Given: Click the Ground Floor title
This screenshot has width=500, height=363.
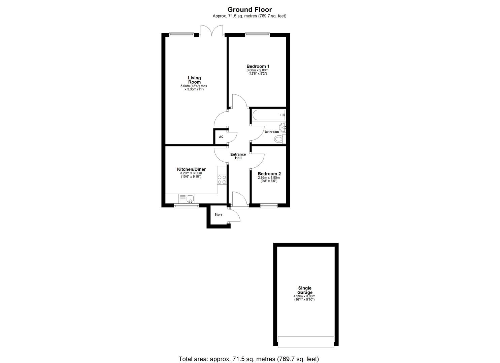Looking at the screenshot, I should click(x=249, y=10).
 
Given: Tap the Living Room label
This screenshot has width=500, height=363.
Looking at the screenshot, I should click(x=194, y=80).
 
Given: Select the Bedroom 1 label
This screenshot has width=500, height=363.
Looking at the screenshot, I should click(x=258, y=67).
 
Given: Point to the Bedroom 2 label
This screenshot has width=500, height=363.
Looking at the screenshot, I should click(x=269, y=174).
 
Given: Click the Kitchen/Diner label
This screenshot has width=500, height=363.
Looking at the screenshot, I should click(x=191, y=169).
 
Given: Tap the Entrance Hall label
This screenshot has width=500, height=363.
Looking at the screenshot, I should click(x=238, y=156).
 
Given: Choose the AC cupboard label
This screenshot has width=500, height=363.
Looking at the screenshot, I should click(x=221, y=137).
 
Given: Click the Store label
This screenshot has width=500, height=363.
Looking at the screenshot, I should click(x=219, y=215).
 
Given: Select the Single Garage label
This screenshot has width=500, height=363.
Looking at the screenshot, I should click(x=304, y=290).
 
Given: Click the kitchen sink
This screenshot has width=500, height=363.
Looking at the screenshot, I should click(x=190, y=199).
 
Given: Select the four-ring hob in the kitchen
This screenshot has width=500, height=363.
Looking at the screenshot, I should click(x=222, y=180).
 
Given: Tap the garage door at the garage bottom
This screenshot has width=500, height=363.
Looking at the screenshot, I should click(x=306, y=342).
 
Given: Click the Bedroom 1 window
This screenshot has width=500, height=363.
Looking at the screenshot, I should click(x=258, y=34).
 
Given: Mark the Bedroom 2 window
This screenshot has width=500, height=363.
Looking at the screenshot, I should click(x=269, y=206).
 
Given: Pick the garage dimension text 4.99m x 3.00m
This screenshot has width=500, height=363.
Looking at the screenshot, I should click(x=304, y=296).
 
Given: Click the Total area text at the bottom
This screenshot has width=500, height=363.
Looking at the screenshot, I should click(x=248, y=359).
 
